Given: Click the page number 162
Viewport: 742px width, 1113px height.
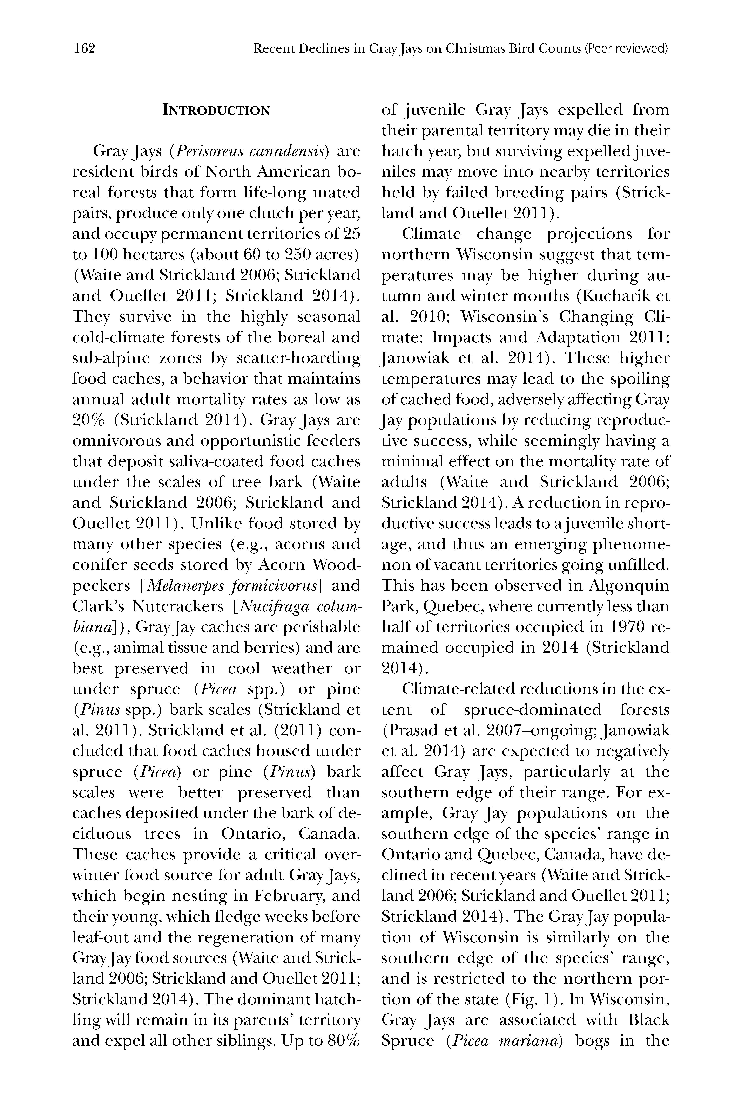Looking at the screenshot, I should click(x=85, y=48).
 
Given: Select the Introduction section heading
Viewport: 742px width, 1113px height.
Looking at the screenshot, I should click(x=216, y=111).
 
